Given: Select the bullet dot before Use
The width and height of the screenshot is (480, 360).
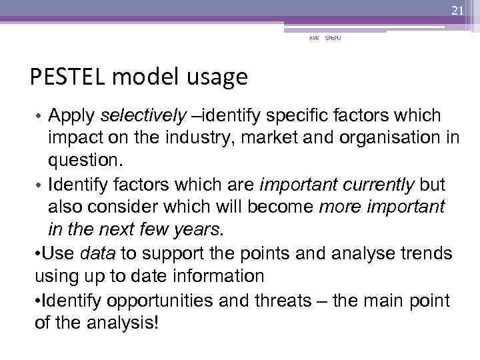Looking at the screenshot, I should click(37, 253).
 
